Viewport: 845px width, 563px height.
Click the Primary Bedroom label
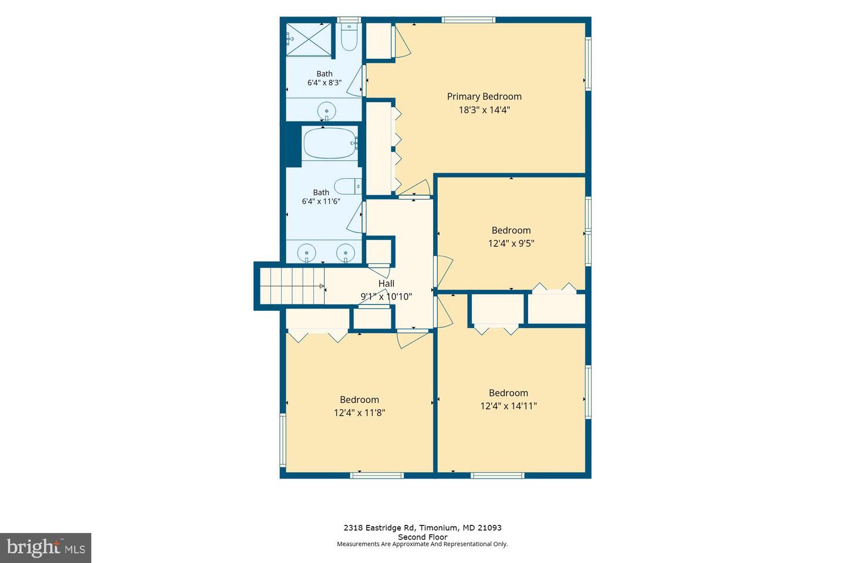pos(484,97)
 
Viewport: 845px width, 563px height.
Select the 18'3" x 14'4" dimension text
pos(484,110)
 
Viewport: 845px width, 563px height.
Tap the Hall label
pos(386,284)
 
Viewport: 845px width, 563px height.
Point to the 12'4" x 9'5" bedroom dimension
pos(511,243)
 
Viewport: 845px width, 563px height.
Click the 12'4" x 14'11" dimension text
pos(509,406)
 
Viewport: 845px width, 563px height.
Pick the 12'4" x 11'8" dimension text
pos(360,412)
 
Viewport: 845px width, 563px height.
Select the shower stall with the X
pos(309,40)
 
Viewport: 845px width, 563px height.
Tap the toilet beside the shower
pos(349,36)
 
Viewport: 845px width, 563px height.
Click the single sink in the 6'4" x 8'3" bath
pos(327,111)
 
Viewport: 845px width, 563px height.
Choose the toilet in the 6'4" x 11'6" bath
pos(348,186)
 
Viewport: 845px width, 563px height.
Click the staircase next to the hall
pos(292,286)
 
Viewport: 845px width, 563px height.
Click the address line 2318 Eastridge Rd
pos(422,528)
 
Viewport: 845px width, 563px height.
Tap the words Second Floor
pos(422,537)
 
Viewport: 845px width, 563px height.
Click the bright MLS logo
pos(46,548)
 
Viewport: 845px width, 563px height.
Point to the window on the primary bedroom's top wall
pos(468,19)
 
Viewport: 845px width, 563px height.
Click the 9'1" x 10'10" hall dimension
pos(386,297)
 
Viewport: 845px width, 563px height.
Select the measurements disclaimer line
pos(422,544)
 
